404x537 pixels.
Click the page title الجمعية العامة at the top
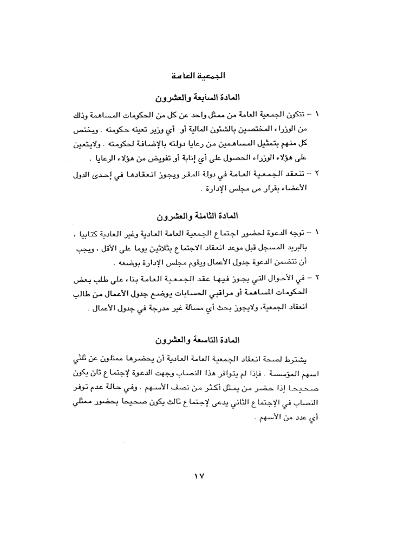coord(202,75)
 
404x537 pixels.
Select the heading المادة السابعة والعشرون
coord(201,98)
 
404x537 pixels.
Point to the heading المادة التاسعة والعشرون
coord(201,341)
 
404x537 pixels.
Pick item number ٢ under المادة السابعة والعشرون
coord(317,174)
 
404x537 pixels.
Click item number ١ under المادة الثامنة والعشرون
coord(317,233)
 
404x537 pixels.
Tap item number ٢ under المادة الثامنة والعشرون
coord(317,278)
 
